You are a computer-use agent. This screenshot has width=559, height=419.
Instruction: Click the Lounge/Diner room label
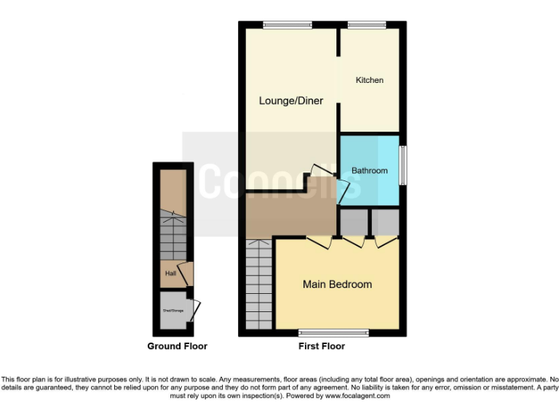tap(291, 100)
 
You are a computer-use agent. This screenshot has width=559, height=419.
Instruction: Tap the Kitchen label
tap(369, 80)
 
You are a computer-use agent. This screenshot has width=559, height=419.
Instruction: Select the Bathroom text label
tap(369, 171)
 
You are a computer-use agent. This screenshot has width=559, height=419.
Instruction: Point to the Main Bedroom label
tap(337, 284)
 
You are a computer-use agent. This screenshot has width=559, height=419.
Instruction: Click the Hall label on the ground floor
tap(170, 274)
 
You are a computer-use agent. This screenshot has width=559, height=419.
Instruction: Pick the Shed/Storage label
tap(173, 311)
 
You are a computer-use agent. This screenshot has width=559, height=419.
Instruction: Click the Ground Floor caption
tap(177, 346)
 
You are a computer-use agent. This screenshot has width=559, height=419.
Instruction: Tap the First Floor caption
tap(322, 346)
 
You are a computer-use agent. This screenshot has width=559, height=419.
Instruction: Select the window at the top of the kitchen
tap(367, 25)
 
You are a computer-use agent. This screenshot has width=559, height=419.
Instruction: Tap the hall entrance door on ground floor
tap(189, 274)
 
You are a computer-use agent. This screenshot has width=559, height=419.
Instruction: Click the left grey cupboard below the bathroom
tap(354, 222)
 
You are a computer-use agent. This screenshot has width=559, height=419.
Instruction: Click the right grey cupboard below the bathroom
tap(386, 222)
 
